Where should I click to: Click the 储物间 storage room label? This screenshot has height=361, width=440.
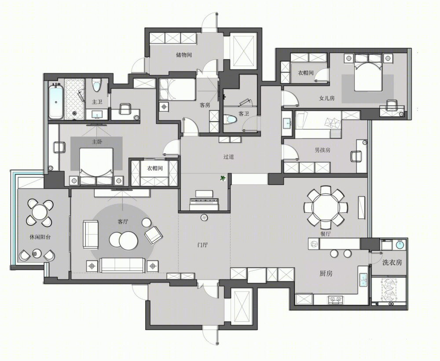click(184, 55)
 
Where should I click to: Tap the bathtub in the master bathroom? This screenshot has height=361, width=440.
click(56, 101)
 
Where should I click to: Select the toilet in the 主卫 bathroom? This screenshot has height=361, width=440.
click(96, 85)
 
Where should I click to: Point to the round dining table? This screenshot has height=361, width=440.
click(326, 207)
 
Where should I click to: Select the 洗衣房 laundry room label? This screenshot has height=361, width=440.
click(392, 262)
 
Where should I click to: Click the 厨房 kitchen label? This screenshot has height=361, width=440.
click(326, 273)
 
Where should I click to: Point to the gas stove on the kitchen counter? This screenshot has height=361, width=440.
click(335, 300)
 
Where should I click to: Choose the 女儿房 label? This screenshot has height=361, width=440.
click(326, 98)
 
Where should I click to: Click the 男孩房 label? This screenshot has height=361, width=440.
click(323, 150)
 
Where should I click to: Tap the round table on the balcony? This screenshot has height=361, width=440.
click(39, 213)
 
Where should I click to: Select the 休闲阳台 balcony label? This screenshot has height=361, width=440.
click(40, 237)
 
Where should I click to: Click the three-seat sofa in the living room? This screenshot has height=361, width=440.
click(123, 265)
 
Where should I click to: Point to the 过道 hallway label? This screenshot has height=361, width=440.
click(229, 157)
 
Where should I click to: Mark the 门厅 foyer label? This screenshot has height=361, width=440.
click(202, 245)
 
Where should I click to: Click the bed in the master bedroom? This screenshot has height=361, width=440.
click(96, 166)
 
